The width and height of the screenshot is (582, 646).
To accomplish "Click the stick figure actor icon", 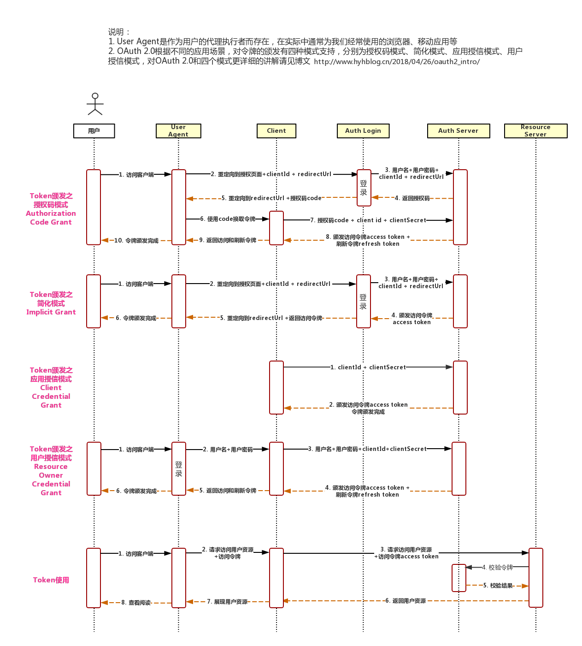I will (95, 104).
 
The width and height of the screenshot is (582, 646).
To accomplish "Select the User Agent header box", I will (178, 131).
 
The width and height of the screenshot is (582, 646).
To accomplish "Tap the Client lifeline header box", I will (276, 131).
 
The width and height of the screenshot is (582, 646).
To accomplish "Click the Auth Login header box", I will (363, 131).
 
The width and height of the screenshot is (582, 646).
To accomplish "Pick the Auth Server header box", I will (458, 131).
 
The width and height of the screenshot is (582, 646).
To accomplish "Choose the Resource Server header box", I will (535, 131).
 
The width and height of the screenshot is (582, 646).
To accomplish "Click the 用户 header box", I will (94, 131).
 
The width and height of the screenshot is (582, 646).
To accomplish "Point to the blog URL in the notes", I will (397, 62).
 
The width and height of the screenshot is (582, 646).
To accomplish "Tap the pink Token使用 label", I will (51, 580).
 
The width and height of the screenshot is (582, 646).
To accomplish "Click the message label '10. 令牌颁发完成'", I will (136, 241).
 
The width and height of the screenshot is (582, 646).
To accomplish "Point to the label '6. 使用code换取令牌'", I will (228, 219).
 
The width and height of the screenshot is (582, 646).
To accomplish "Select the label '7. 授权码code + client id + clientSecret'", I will (368, 220).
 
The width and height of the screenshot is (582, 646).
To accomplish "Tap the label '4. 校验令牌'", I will (497, 568).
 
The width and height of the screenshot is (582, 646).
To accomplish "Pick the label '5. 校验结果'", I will (498, 586).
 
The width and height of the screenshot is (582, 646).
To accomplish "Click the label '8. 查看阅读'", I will (136, 603).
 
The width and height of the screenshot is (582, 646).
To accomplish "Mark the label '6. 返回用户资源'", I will (406, 601).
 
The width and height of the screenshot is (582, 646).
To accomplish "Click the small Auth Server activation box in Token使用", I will (459, 578).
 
